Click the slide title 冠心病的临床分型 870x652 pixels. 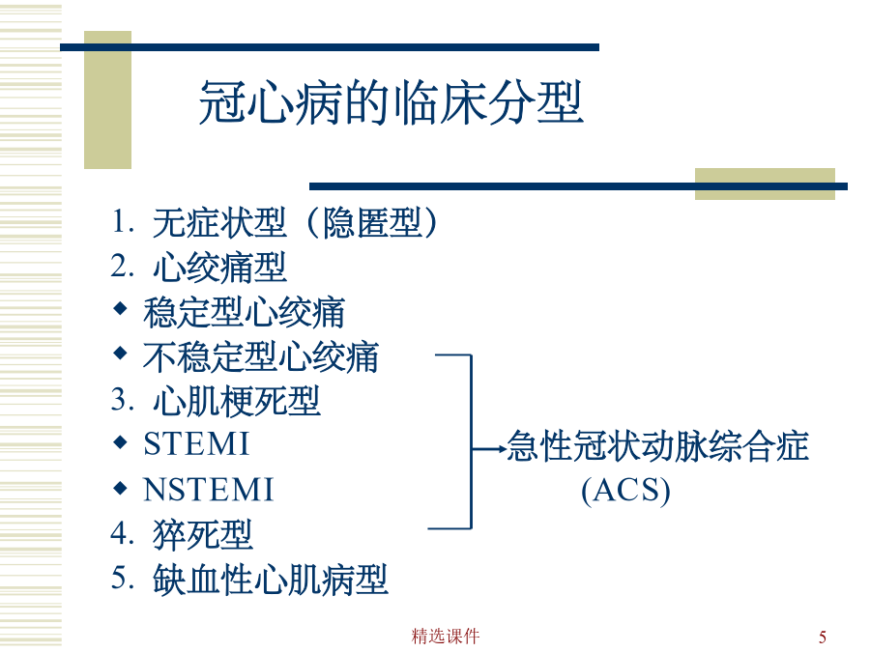(x=391, y=102)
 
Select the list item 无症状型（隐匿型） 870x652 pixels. (x=295, y=222)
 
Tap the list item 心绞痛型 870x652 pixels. (x=219, y=268)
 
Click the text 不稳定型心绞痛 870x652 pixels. (x=261, y=356)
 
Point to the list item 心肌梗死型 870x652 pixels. (x=237, y=401)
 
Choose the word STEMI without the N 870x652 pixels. (x=196, y=444)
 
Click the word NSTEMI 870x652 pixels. (x=208, y=490)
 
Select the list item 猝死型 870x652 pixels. (x=203, y=534)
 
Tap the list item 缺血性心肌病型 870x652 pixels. (x=271, y=580)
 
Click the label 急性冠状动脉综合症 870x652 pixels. (x=657, y=445)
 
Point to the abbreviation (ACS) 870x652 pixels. (x=625, y=491)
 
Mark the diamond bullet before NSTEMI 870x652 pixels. (x=120, y=488)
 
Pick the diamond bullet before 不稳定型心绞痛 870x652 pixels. (x=120, y=353)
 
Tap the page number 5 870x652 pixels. (x=823, y=637)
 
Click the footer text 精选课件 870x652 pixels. (x=446, y=636)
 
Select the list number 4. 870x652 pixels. (x=120, y=533)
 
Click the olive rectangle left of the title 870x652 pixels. (x=107, y=99)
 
